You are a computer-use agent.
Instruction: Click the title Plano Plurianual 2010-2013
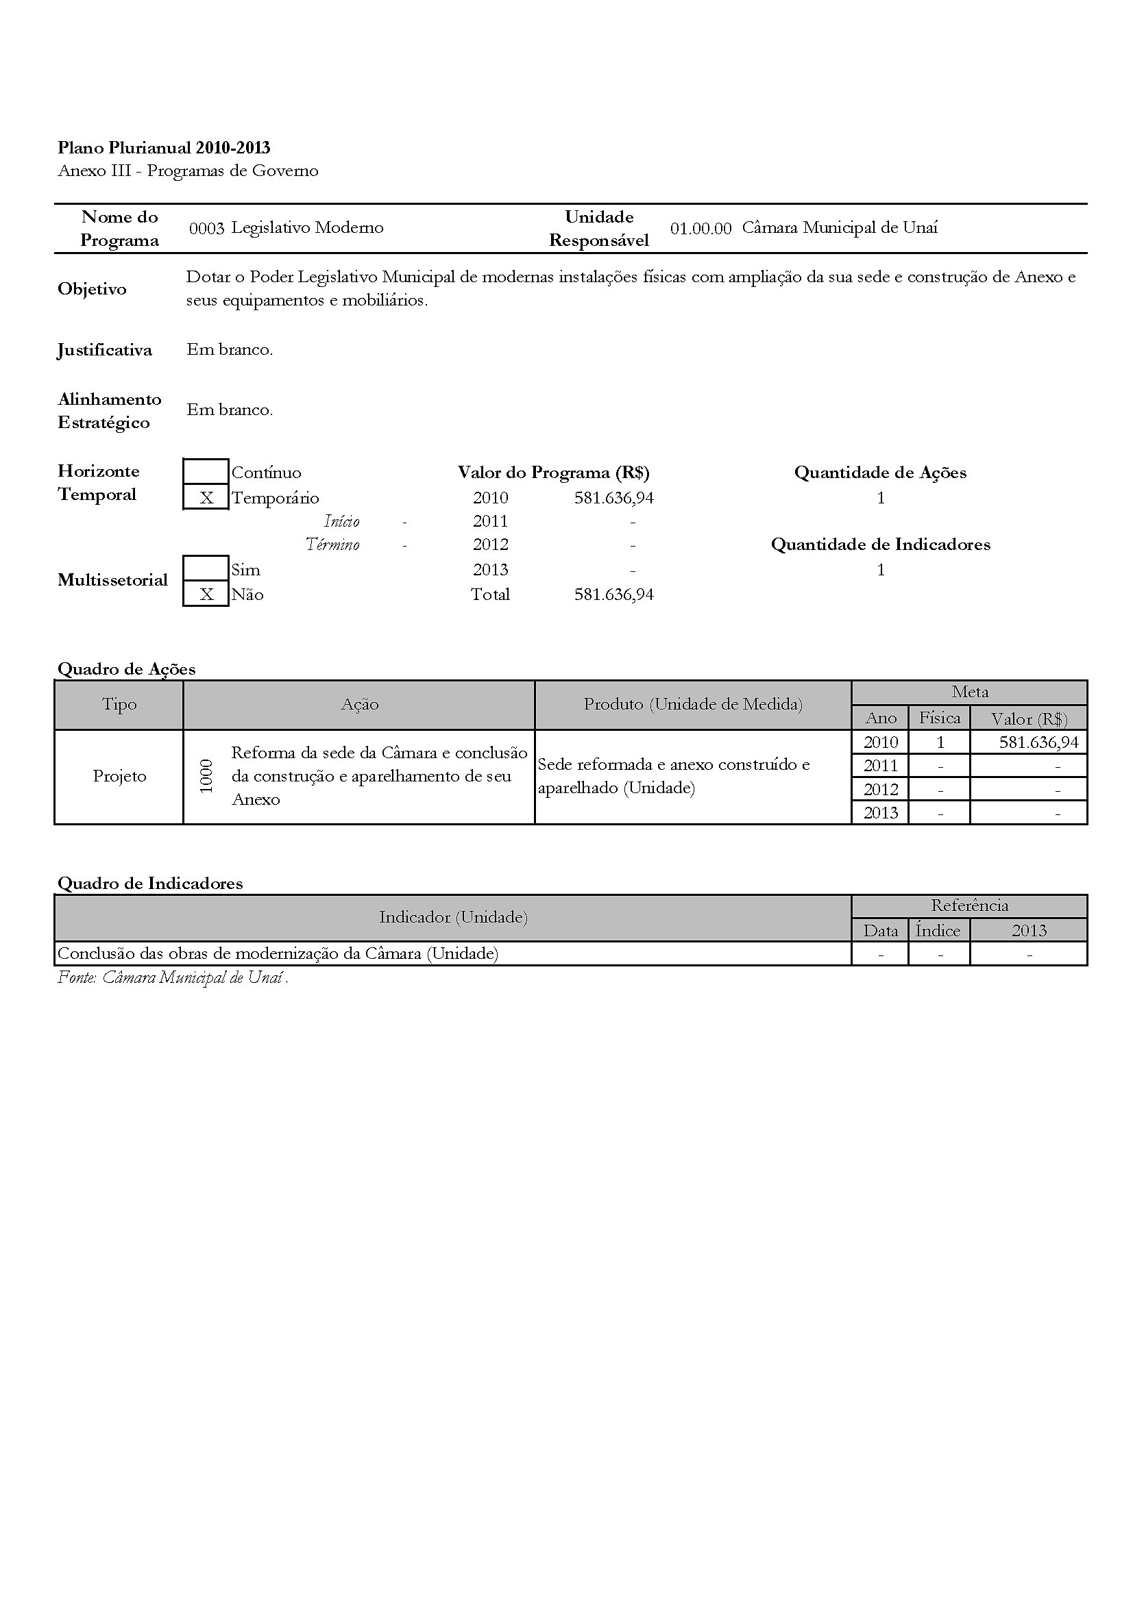(x=164, y=147)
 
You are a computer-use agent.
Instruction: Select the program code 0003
(x=206, y=228)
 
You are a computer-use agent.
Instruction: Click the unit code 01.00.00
(x=700, y=228)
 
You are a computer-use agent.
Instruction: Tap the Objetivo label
(x=92, y=289)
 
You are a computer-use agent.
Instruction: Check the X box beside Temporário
(x=206, y=497)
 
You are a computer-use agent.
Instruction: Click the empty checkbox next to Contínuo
(x=206, y=472)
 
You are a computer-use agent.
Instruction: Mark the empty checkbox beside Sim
(x=206, y=568)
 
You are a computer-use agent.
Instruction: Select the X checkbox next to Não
(x=206, y=594)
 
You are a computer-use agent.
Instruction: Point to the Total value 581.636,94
(x=613, y=595)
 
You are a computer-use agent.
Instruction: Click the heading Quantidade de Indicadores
(x=880, y=545)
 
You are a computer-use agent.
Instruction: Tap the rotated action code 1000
(x=206, y=776)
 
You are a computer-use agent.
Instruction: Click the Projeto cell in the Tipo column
(x=119, y=776)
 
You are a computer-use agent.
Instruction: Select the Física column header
(x=939, y=717)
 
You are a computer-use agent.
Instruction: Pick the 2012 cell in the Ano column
(x=880, y=789)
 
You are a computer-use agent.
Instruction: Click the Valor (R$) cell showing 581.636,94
(x=1038, y=742)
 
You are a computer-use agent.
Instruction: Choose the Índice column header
(x=938, y=930)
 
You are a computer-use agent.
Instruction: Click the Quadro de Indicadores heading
(x=150, y=884)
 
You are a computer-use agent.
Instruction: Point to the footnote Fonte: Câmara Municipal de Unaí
(x=173, y=977)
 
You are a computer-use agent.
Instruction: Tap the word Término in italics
(x=332, y=545)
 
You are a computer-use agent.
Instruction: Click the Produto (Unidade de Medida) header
(x=692, y=704)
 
